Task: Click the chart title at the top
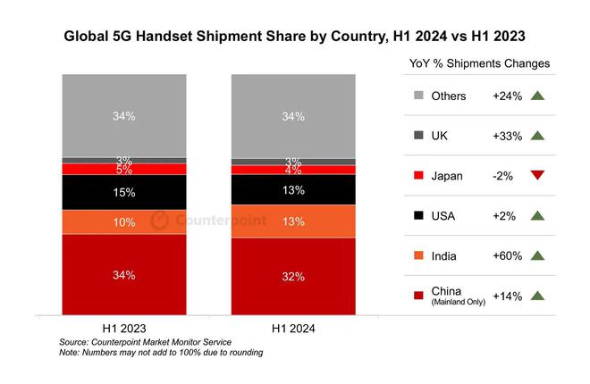pos(294,38)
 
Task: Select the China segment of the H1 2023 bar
pos(123,275)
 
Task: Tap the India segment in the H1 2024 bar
pos(293,221)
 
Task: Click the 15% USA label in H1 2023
pos(123,192)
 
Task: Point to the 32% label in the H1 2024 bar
pos(293,277)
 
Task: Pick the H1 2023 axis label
pos(123,327)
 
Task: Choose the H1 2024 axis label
pos(293,327)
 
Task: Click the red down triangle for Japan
pos(536,175)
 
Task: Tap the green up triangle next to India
pos(536,255)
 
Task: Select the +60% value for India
pos(507,256)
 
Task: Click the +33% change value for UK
pos(507,136)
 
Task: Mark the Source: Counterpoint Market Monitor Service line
pos(145,342)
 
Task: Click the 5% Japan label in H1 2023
pos(123,169)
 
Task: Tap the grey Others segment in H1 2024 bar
pos(293,116)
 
